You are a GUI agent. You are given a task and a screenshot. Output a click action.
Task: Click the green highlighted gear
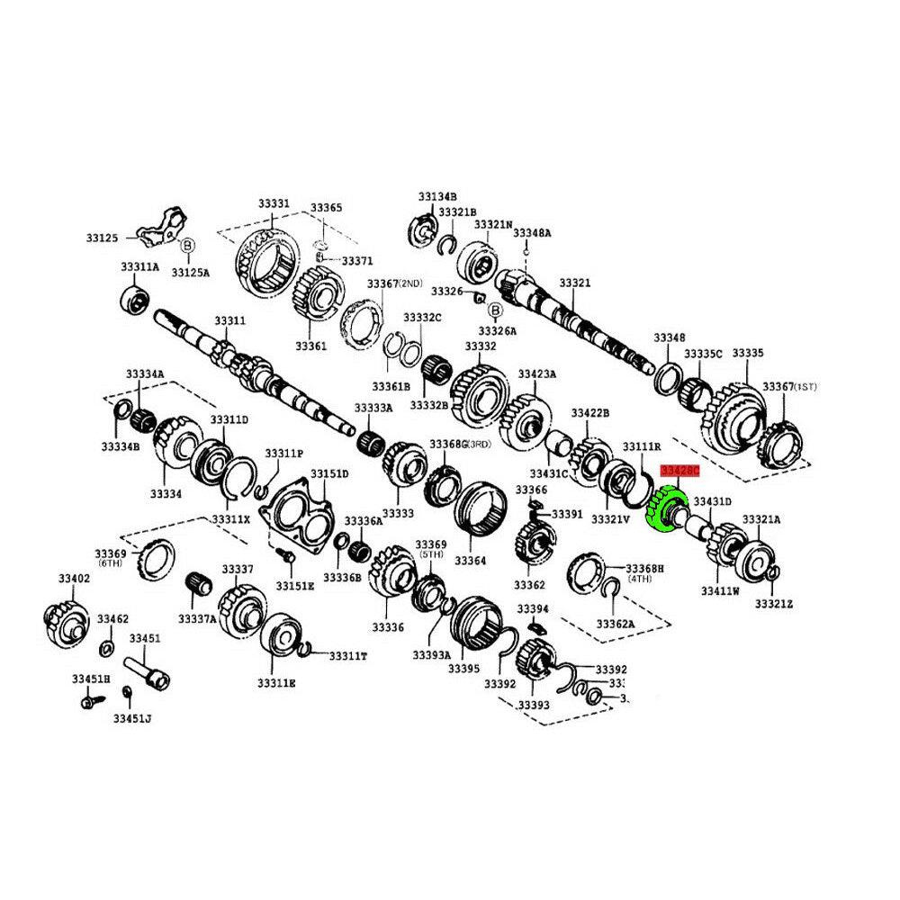coord(667,509)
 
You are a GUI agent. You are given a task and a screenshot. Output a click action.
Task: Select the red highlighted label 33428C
coord(679,471)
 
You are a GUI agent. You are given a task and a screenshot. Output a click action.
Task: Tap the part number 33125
coord(102,238)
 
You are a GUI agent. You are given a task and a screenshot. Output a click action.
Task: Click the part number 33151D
coord(329,474)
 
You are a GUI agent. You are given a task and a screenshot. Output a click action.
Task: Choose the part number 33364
coord(470,561)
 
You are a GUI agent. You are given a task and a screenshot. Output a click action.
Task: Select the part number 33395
coord(464,669)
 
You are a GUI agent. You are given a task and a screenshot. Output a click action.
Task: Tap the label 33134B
coord(437,196)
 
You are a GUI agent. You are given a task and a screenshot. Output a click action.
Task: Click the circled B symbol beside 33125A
coord(188,246)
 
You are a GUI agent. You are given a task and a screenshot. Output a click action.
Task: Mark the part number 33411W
coord(720,591)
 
